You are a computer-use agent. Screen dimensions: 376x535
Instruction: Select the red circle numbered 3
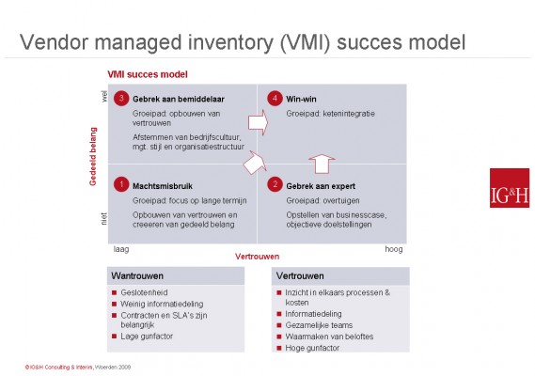click(120, 98)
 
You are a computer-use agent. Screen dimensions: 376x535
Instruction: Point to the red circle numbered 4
click(272, 98)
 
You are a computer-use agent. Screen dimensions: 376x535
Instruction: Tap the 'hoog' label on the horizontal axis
click(394, 250)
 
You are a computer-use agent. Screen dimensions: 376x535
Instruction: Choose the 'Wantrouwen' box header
click(137, 277)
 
